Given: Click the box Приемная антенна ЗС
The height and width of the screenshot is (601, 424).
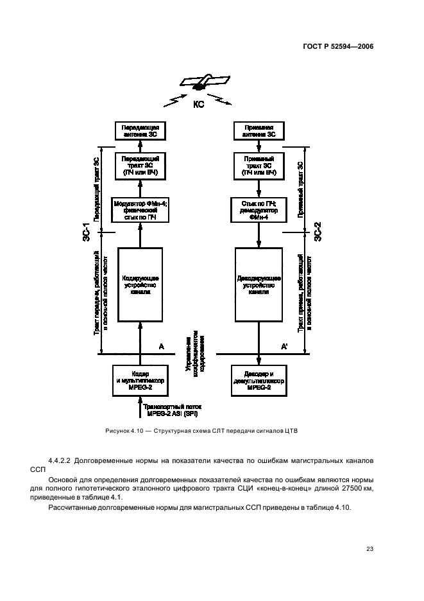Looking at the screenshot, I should (x=259, y=131).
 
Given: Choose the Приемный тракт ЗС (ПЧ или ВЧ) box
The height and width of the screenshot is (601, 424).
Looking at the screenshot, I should (x=259, y=166).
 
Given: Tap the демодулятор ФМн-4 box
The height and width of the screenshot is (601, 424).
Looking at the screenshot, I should (x=259, y=211).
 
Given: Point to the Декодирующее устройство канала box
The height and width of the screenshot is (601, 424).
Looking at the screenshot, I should (x=259, y=284).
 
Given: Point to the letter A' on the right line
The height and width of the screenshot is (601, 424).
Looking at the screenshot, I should (x=284, y=347).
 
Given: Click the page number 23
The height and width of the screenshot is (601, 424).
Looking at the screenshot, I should (x=369, y=548).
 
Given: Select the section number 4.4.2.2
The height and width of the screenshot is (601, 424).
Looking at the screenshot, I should (x=63, y=462).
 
